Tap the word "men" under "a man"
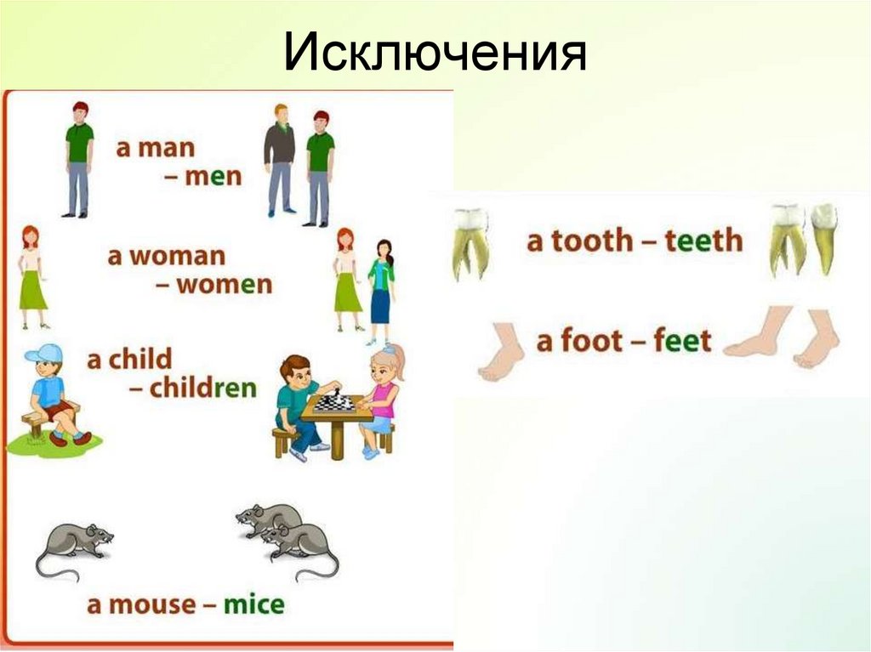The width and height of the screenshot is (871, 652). click(213, 176)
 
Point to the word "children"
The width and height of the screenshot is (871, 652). click(203, 388)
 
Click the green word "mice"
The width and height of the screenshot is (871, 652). click(253, 604)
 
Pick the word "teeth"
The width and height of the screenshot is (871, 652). click(703, 241)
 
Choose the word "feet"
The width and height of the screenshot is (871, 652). click(682, 342)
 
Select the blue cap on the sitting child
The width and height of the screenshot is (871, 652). click(43, 353)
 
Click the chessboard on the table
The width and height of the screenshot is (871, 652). click(334, 404)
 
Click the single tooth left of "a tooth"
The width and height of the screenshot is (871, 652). click(470, 242)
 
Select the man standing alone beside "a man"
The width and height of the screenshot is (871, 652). click(78, 158)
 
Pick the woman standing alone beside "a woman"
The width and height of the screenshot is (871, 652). click(32, 276)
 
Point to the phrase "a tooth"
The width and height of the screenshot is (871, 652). click(579, 241)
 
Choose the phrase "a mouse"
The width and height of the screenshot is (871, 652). click(141, 604)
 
